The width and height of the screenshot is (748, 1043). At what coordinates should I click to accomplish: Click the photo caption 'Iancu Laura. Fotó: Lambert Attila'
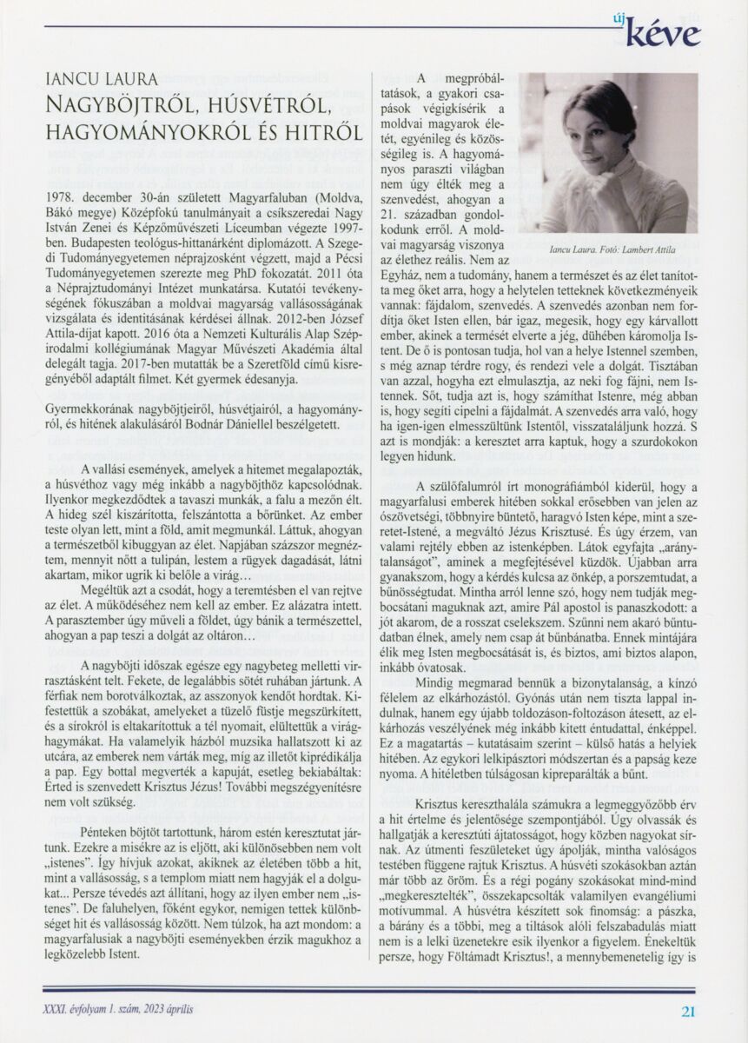(x=613, y=249)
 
